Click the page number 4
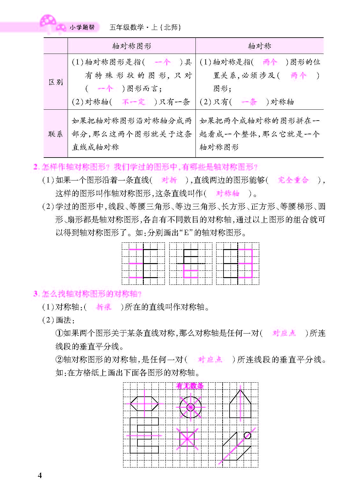(40, 475)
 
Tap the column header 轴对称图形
(131, 46)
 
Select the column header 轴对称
(259, 46)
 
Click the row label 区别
(55, 82)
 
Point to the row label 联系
(55, 134)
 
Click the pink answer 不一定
(133, 102)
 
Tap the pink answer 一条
(249, 102)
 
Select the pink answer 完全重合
(293, 180)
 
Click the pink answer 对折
(169, 180)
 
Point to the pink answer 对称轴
(227, 193)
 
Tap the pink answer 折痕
(104, 307)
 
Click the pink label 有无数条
(190, 386)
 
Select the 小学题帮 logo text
(82, 27)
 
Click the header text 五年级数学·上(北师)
(145, 27)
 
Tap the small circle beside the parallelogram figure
(247, 435)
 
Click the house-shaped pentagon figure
(240, 405)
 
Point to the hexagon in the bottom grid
(144, 403)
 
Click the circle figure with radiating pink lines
(190, 407)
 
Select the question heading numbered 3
(87, 293)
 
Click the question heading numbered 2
(145, 167)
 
